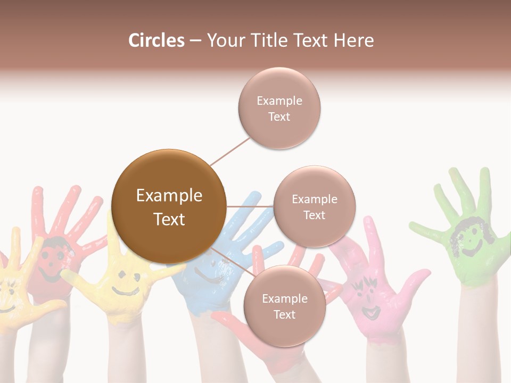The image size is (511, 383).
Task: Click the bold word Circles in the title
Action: pyautogui.click(x=156, y=40)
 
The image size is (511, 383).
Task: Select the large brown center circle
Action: pyautogui.click(x=169, y=206)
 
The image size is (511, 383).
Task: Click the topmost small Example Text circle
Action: pyautogui.click(x=279, y=108)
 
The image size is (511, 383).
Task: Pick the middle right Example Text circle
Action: pyautogui.click(x=314, y=206)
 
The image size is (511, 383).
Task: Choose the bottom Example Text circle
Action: pyautogui.click(x=284, y=306)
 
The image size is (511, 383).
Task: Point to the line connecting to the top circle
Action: pyautogui.click(x=230, y=151)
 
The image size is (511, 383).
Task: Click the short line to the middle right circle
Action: pyautogui.click(x=250, y=206)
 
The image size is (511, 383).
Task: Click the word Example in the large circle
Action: pyautogui.click(x=169, y=196)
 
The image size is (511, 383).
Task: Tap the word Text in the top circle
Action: pyautogui.click(x=279, y=116)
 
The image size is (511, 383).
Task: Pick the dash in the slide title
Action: pyautogui.click(x=195, y=40)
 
